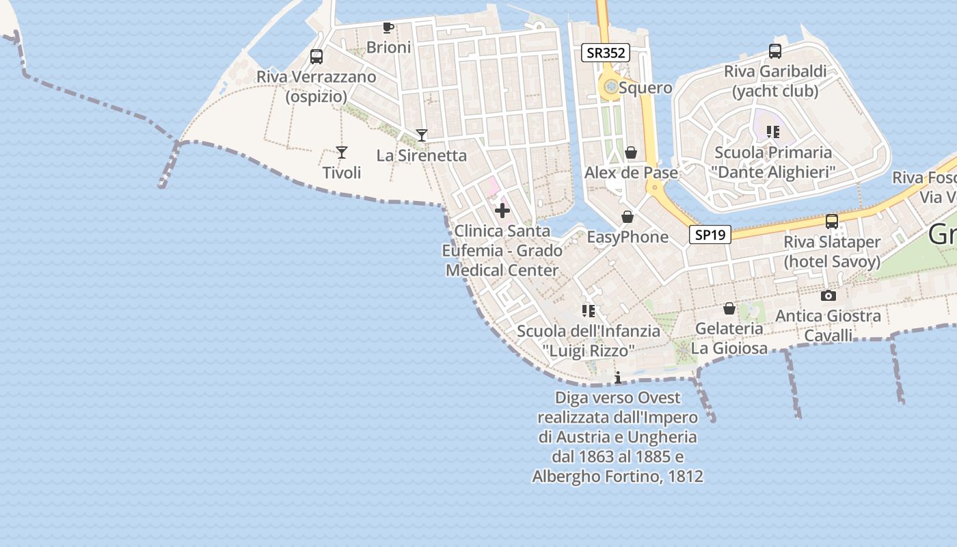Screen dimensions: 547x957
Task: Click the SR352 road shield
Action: (605, 53)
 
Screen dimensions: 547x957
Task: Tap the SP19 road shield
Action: (710, 235)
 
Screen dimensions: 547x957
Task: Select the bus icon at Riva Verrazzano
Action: (316, 57)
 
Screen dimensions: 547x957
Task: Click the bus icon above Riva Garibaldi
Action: (775, 51)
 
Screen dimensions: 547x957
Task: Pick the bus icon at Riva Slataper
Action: (832, 222)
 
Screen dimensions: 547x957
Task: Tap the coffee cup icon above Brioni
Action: (388, 28)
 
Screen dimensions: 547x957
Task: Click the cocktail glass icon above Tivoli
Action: (342, 152)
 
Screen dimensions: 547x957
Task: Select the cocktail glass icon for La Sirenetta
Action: (422, 135)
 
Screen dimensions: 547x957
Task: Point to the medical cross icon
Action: (502, 211)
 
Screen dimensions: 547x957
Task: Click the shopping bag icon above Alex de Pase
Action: (631, 152)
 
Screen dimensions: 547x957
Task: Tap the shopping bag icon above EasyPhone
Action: (628, 217)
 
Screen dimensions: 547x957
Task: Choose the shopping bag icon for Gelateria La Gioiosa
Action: (729, 309)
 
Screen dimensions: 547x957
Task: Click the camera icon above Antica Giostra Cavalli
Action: (828, 296)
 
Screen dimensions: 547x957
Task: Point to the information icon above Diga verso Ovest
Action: (618, 378)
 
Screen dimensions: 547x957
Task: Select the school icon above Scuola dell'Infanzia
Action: (589, 311)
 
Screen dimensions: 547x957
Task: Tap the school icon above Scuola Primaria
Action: (773, 132)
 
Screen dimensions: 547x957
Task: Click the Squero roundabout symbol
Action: (609, 88)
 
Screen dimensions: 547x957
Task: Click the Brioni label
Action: (389, 47)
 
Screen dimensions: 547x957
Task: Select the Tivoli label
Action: (342, 173)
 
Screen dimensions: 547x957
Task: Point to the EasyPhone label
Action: (628, 237)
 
